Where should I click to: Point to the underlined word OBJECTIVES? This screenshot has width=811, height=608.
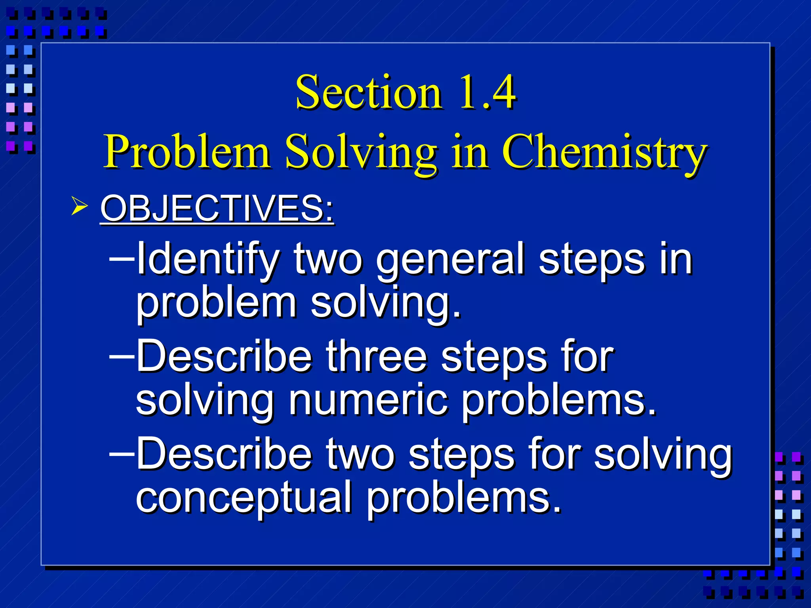click(x=217, y=209)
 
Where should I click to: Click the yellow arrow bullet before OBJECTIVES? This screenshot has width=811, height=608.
click(x=79, y=207)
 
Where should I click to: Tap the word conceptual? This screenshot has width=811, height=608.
click(x=244, y=497)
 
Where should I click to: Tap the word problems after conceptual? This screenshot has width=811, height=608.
click(x=463, y=497)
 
